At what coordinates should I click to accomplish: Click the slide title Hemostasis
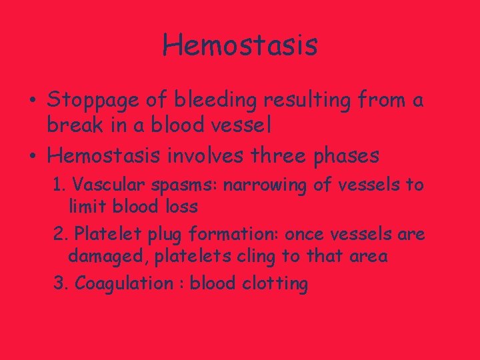[240, 45]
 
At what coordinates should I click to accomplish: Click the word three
[288, 156]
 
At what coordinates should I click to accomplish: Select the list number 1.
[58, 184]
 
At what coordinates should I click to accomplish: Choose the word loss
[181, 206]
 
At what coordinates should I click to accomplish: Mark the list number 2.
[59, 234]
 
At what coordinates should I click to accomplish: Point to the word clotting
[275, 284]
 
